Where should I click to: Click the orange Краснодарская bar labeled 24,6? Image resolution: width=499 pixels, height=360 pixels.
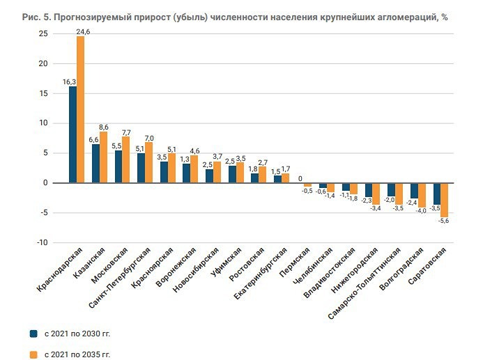[80, 109]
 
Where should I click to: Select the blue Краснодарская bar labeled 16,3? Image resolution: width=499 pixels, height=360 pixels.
[72, 134]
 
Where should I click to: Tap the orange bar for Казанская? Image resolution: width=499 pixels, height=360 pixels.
[103, 157]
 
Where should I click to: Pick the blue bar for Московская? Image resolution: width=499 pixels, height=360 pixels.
[118, 166]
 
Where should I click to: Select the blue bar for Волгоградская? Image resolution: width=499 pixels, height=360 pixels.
[414, 190]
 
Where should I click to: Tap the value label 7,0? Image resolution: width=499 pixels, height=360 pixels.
[149, 137]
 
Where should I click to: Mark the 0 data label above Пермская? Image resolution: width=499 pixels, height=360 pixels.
[300, 178]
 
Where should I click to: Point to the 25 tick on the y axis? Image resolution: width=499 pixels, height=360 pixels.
[43, 34]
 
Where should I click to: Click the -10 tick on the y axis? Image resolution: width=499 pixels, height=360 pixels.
[42, 242]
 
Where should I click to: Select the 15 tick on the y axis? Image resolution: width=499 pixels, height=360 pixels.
[43, 93]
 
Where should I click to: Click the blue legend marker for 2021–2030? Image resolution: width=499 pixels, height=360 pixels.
[33, 333]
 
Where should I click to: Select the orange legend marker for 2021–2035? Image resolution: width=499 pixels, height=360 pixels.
[33, 354]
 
